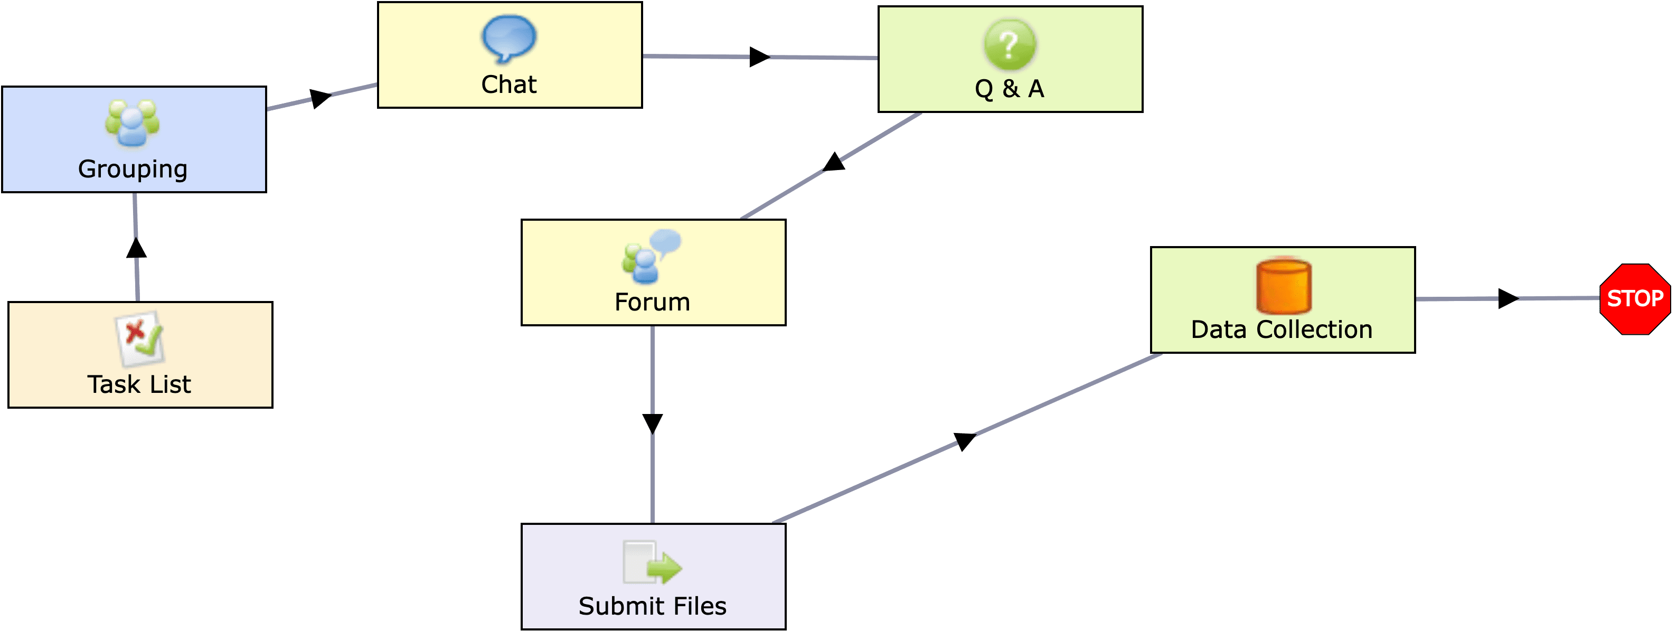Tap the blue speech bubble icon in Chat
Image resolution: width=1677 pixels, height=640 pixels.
pyautogui.click(x=508, y=39)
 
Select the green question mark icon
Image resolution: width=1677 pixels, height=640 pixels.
pyautogui.click(x=1009, y=44)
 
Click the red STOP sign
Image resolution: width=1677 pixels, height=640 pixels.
pyautogui.click(x=1635, y=299)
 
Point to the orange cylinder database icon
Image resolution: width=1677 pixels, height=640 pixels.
pyautogui.click(x=1283, y=287)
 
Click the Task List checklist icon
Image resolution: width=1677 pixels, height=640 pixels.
pyautogui.click(x=140, y=338)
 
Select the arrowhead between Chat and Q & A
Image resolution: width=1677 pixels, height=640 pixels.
pyautogui.click(x=759, y=57)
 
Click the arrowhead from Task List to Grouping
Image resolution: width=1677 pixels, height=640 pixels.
pyautogui.click(x=136, y=248)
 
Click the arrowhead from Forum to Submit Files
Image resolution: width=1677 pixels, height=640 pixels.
pyautogui.click(x=652, y=423)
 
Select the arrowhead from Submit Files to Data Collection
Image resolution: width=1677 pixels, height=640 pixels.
pyautogui.click(x=964, y=441)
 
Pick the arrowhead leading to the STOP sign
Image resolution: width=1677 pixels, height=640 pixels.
pyautogui.click(x=1508, y=299)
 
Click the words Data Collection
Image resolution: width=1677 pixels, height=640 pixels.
pyautogui.click(x=1281, y=330)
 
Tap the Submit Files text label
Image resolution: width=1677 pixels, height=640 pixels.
pyautogui.click(x=652, y=606)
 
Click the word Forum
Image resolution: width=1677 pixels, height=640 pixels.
pyautogui.click(x=652, y=302)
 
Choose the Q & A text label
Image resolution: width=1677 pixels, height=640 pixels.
pyautogui.click(x=1009, y=89)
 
